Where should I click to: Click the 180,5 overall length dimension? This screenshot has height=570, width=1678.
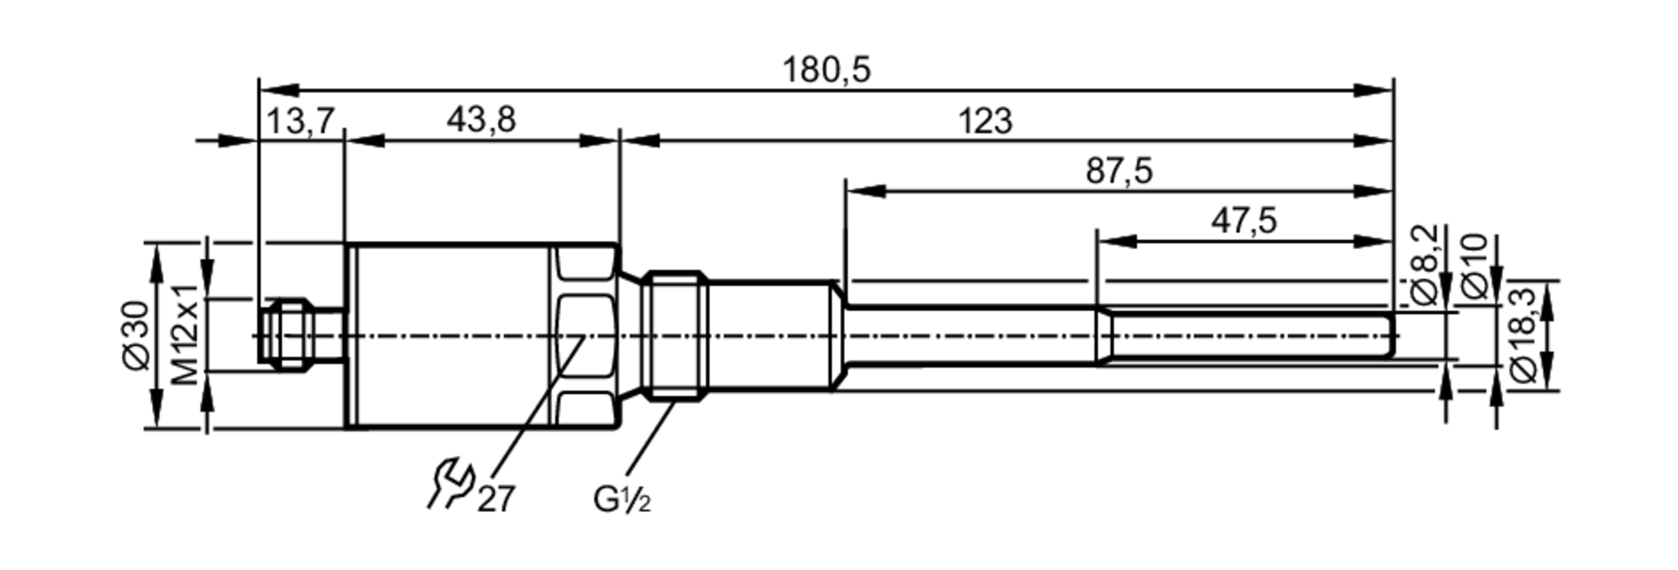pos(826,71)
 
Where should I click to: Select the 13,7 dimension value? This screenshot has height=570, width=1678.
pos(300,122)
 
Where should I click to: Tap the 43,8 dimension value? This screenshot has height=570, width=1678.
pos(481,121)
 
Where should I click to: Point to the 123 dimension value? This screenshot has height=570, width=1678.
pos(985,122)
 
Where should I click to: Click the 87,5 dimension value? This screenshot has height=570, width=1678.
pos(1119,172)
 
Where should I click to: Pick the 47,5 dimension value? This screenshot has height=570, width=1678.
pos(1243,222)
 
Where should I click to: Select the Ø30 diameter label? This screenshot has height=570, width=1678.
pos(135,335)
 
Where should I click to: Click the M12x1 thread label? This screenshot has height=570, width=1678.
pos(185,334)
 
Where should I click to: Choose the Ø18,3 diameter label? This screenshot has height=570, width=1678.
pos(1523,335)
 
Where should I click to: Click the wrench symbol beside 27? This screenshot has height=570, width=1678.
pos(451,484)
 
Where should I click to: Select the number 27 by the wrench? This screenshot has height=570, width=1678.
pos(496,499)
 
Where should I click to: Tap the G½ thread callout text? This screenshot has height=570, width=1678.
pos(621,500)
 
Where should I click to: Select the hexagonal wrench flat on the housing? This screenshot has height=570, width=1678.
pos(583,336)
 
